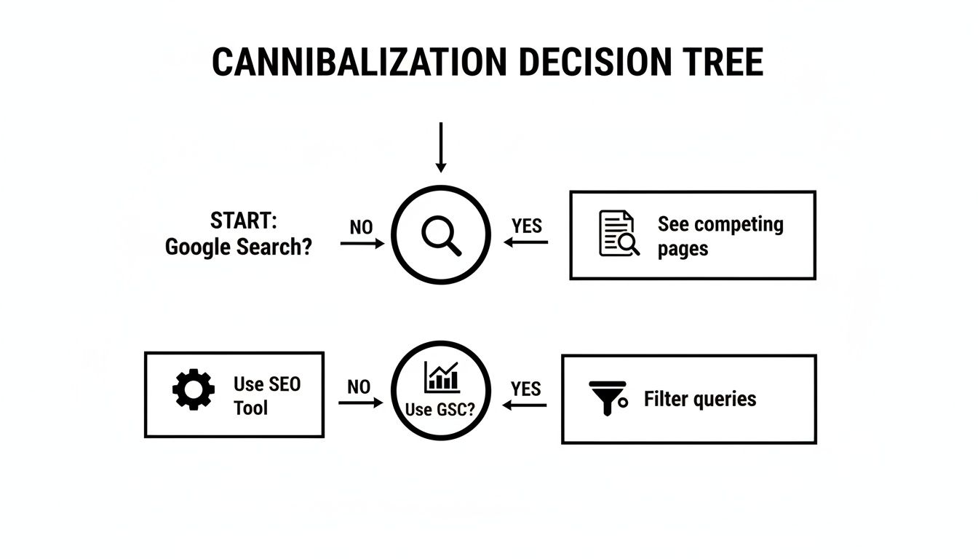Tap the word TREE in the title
pos(715,63)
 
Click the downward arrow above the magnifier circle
pos(440,148)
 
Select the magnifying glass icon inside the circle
pos(442,236)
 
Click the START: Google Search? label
pos(238,234)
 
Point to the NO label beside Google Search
pos(361,227)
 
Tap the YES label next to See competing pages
pos(526,226)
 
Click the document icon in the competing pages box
pos(618,234)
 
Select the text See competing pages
pos(720,236)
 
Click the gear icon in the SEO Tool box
pos(193,390)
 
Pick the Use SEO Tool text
pos(266,395)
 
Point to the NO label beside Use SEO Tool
pos(359,386)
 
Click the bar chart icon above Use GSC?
pos(441,377)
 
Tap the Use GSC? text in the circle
pos(440,409)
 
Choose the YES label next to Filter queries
pos(525,389)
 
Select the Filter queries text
pos(699,399)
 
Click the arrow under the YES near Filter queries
pos(525,405)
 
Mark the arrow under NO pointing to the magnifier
pos(362,244)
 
